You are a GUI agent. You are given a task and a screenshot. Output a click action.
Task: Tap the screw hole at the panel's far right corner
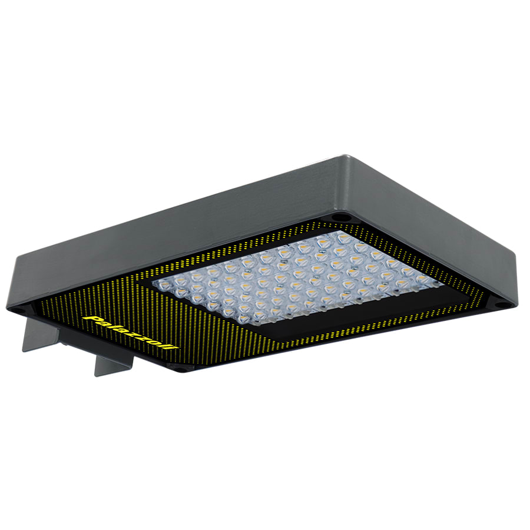point(501,305)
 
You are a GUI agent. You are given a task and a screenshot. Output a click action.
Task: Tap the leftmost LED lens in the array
point(162,284)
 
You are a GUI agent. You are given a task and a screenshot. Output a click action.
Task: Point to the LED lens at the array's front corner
point(246,319)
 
